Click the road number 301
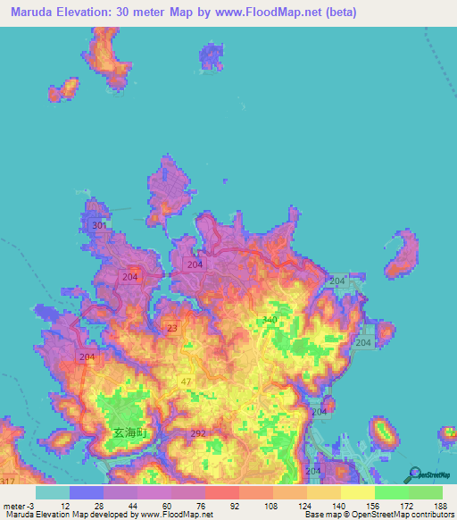(99, 226)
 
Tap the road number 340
(269, 320)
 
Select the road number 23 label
(171, 329)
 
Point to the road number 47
(186, 382)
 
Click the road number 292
(198, 433)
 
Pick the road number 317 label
(7, 482)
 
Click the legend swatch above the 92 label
(221, 492)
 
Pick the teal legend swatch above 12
(52, 492)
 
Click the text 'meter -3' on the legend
(19, 506)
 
